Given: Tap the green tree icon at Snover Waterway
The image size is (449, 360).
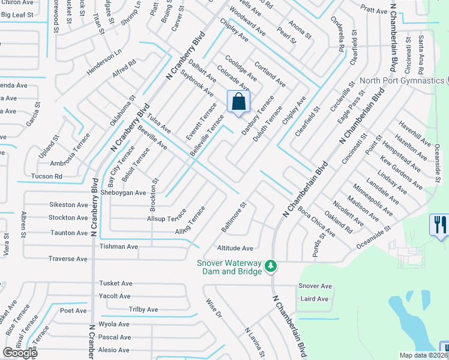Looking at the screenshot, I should pyautogui.click(x=271, y=265).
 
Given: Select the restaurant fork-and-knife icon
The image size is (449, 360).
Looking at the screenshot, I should pyautogui.click(x=439, y=225).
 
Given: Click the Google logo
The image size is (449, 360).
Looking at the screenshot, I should pyautogui.click(x=20, y=353).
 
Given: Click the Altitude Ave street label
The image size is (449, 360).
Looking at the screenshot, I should pyautogui.click(x=235, y=248).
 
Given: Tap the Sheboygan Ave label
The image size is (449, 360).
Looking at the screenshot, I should pyautogui.click(x=124, y=193).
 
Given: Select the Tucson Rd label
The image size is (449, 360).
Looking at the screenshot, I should pyautogui.click(x=46, y=176).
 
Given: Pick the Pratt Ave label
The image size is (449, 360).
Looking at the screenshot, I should pyautogui.click(x=374, y=10).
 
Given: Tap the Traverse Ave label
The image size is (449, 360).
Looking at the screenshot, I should pyautogui.click(x=68, y=259).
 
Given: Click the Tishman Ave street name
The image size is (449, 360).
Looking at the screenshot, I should pyautogui.click(x=119, y=246).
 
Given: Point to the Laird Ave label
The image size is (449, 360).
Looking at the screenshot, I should pyautogui.click(x=314, y=299).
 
